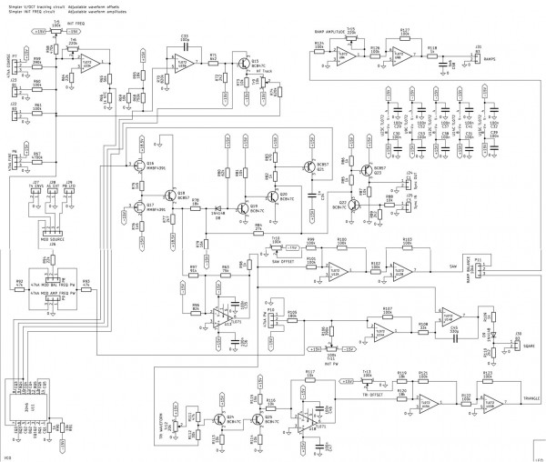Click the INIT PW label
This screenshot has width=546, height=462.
[x=329, y=362]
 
